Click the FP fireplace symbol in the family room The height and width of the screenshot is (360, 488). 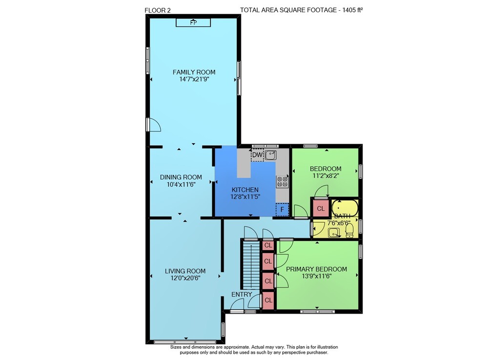[x=193, y=22]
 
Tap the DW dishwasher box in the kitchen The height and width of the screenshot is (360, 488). [x=257, y=155]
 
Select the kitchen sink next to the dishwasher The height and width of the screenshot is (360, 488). [x=270, y=155]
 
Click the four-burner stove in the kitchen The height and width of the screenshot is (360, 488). [x=282, y=182]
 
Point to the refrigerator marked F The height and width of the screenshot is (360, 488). [x=282, y=210]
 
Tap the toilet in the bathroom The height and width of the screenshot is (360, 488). [x=350, y=231]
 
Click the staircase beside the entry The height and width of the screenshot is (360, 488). [x=251, y=266]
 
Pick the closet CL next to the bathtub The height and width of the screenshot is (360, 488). [x=321, y=209]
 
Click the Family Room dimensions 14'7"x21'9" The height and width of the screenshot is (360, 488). [x=194, y=79]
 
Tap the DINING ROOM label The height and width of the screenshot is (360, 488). [x=181, y=177]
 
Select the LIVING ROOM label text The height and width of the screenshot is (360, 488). [x=185, y=271]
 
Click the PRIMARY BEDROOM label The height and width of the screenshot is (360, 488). [x=317, y=269]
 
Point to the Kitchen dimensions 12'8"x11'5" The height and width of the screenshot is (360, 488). [x=245, y=197]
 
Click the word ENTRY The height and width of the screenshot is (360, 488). [x=242, y=294]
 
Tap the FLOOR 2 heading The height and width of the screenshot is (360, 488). [x=158, y=10]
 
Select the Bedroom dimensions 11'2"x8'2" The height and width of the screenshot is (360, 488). [x=325, y=176]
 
